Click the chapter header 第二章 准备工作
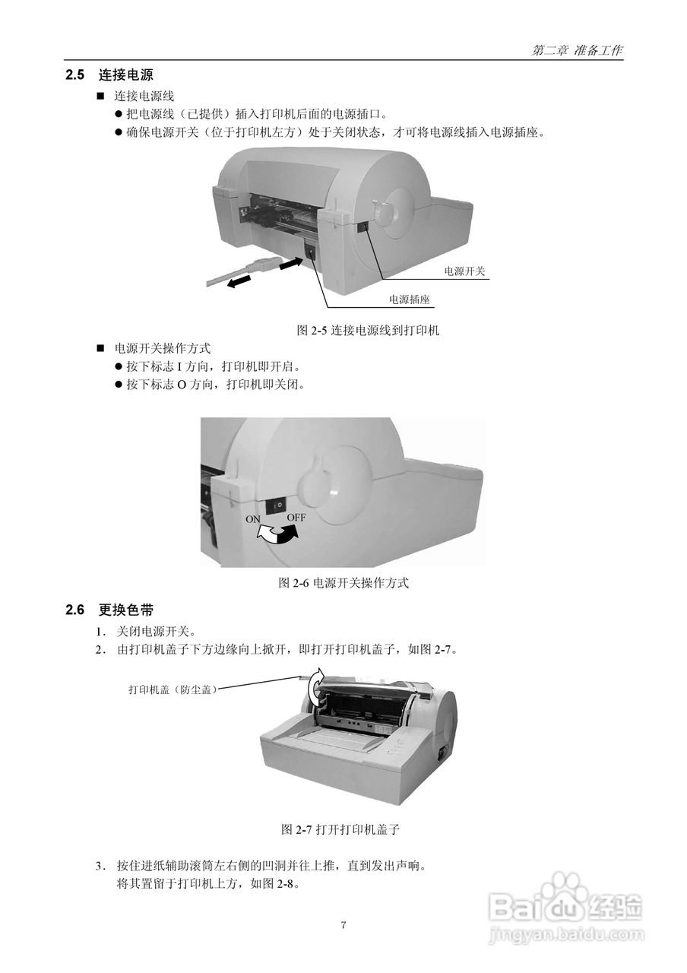coord(578,50)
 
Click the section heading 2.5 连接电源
coord(109,75)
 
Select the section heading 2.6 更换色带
coord(109,610)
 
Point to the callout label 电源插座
coord(409,300)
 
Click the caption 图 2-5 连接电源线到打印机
coord(367,331)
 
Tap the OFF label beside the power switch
coord(296,517)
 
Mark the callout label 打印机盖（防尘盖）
coord(173,689)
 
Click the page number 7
coord(343,925)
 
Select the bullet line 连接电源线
coord(144,97)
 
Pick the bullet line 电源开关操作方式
coord(162,348)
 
